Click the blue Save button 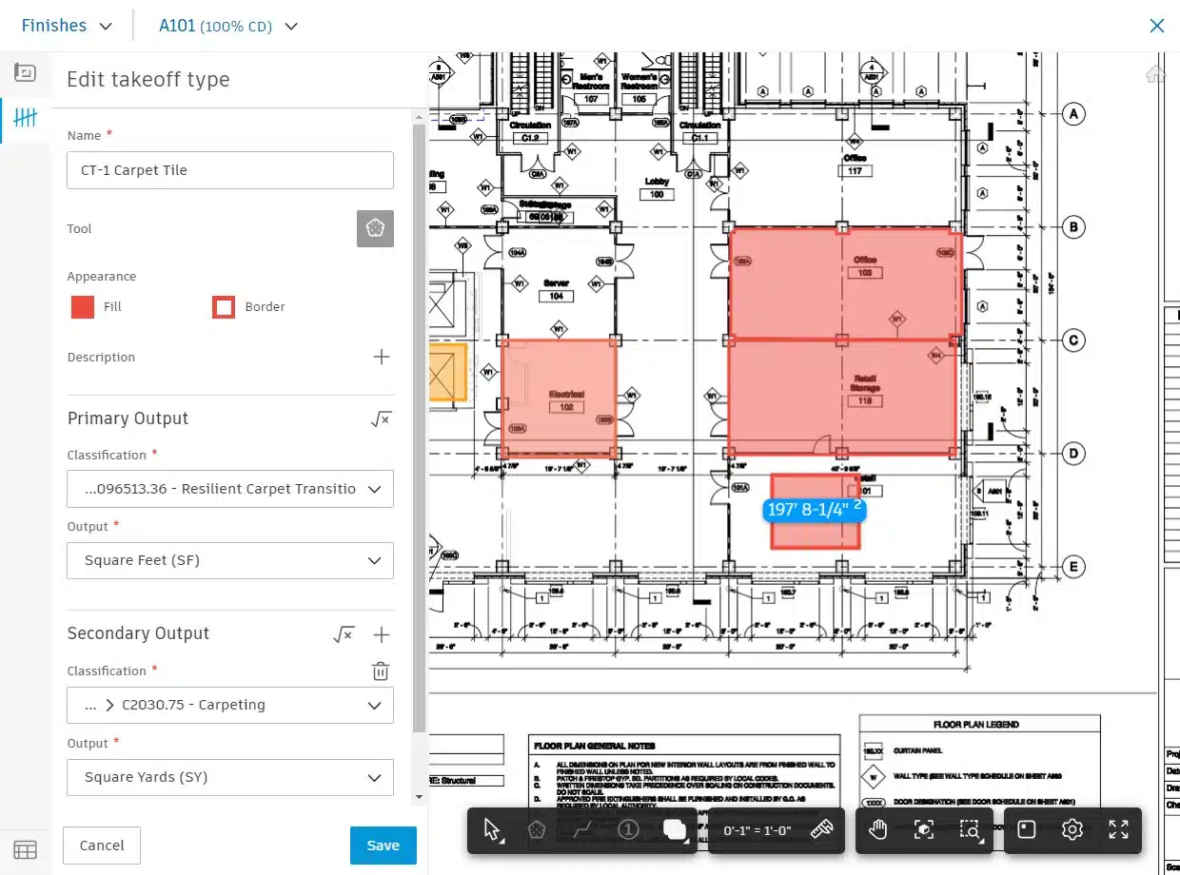tap(383, 845)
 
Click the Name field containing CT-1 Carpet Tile tap(229, 170)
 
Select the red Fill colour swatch tap(83, 307)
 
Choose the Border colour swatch tap(224, 307)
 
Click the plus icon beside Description tap(381, 357)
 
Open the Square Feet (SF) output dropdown tap(229, 560)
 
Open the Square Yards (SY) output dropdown tap(229, 777)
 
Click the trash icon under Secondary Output tap(380, 671)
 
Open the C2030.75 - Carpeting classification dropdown tap(229, 705)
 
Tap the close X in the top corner tap(1156, 26)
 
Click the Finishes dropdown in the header tap(67, 26)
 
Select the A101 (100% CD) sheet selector tap(228, 26)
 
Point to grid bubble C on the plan tap(1073, 340)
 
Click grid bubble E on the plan tap(1073, 567)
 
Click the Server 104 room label tap(556, 290)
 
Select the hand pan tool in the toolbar tap(876, 829)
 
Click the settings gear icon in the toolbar tap(1072, 829)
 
